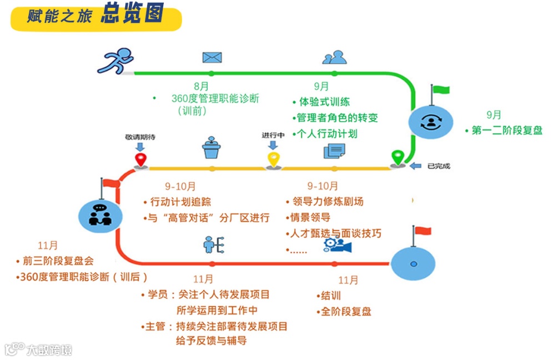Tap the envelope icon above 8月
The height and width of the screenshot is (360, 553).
coord(212,57)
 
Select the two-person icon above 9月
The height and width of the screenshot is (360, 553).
coord(334,57)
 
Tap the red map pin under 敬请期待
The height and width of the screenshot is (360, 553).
coord(140,160)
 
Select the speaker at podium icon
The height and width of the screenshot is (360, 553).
coord(212,147)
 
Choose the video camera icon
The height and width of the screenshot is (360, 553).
coord(334,244)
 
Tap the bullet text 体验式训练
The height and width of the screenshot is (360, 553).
coord(324,102)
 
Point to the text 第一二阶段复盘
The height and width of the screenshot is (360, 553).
coord(506,131)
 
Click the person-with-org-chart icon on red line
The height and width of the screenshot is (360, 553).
coord(212,244)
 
